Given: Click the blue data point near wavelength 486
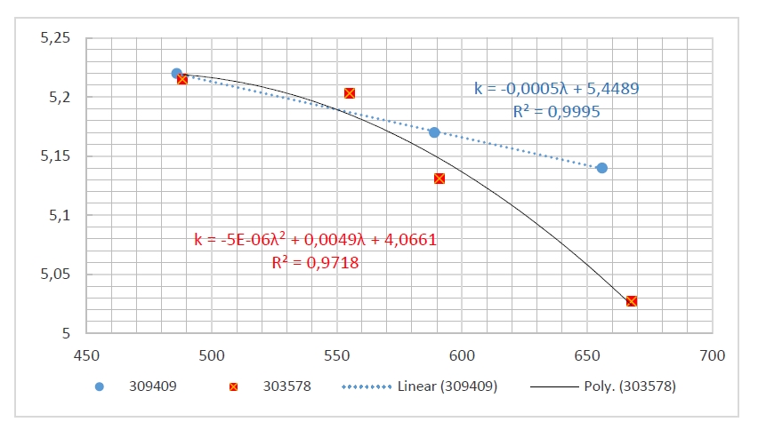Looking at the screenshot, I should tap(176, 74).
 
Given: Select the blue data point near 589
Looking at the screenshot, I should tap(434, 132).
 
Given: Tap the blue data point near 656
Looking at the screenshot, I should tap(602, 168).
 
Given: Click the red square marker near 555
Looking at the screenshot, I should tap(350, 93).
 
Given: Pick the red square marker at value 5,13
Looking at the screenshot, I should tap(439, 179).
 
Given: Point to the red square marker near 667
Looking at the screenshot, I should tap(632, 301).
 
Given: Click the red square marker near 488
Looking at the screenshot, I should tap(182, 79).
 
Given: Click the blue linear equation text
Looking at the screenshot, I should tap(556, 90).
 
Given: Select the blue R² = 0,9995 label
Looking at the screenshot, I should tap(556, 112).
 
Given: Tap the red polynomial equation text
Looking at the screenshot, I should tap(315, 240).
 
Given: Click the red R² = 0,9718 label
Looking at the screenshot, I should tap(315, 263).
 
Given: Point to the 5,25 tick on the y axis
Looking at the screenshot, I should tap(55, 38).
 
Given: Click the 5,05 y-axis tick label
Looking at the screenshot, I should tap(55, 275).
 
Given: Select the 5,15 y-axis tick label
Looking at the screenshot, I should tap(55, 156).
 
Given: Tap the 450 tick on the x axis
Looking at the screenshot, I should tap(86, 355).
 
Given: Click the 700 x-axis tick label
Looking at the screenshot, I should tap(713, 355).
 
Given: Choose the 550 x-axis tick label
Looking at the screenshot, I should tap(336, 355).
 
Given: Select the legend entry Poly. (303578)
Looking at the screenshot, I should tap(611, 386).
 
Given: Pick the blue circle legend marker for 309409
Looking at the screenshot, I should tap(100, 386).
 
